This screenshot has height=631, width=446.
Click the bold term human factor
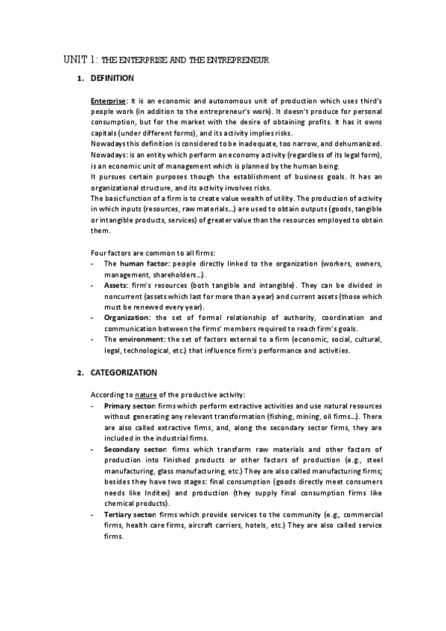141,264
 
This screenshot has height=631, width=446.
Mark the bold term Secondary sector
135,449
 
